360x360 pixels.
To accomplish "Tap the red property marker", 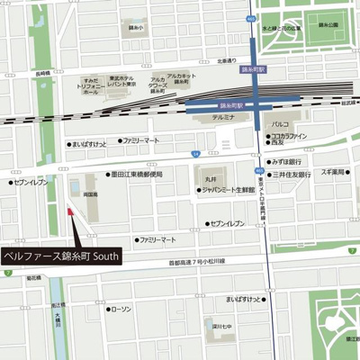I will tap(69, 212).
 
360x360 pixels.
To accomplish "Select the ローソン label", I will tap(120, 309).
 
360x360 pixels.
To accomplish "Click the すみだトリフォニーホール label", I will tap(91, 85).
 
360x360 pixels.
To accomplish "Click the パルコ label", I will tap(280, 124).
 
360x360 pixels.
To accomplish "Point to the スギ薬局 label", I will tap(334, 171).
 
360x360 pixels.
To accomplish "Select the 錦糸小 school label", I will tap(136, 28).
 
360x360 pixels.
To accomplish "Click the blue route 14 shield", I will tap(195, 154).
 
